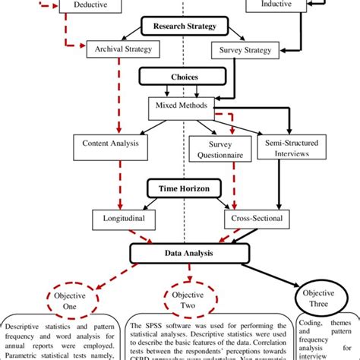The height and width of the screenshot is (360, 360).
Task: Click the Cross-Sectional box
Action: (257, 219)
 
